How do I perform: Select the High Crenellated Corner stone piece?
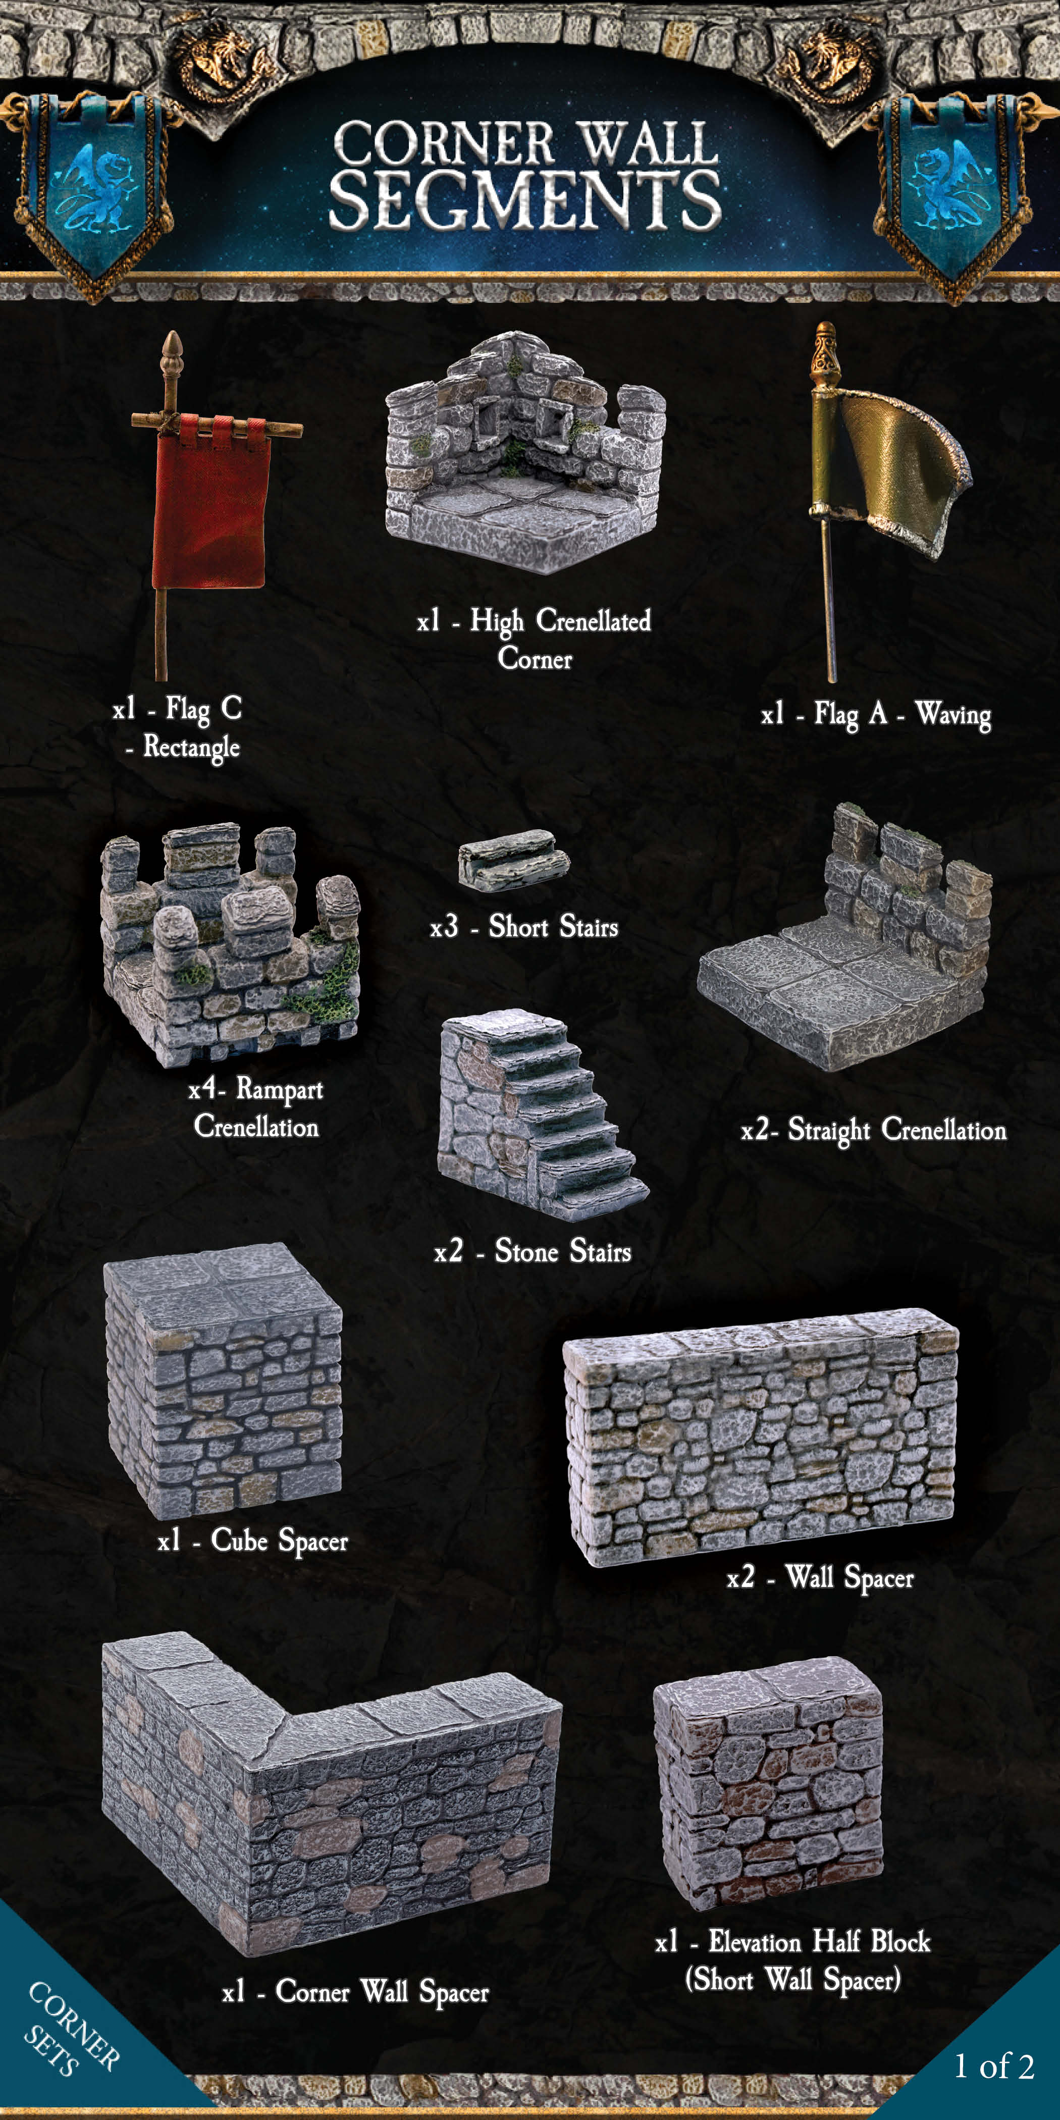coord(524,453)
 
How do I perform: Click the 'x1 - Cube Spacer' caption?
coord(253,1540)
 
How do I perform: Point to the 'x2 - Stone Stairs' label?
coord(533,1251)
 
